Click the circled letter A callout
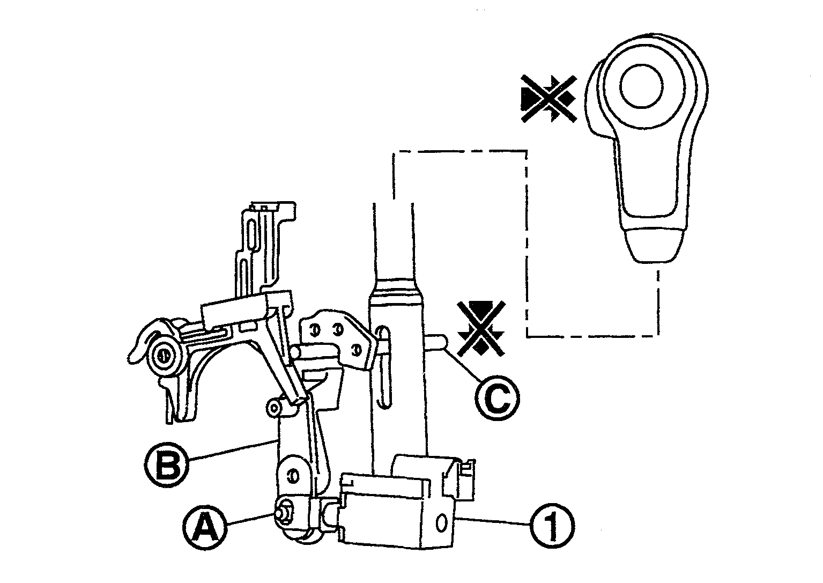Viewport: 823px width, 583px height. [x=205, y=528]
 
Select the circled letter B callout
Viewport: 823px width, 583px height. [x=167, y=466]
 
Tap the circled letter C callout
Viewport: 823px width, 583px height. [x=498, y=398]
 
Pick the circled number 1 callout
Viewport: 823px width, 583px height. [x=552, y=526]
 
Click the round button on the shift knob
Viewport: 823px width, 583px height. [x=641, y=86]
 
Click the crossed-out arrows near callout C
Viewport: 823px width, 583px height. [x=481, y=328]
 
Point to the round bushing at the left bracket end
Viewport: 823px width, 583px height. [x=164, y=356]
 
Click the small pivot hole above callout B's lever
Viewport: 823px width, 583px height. [x=273, y=408]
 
